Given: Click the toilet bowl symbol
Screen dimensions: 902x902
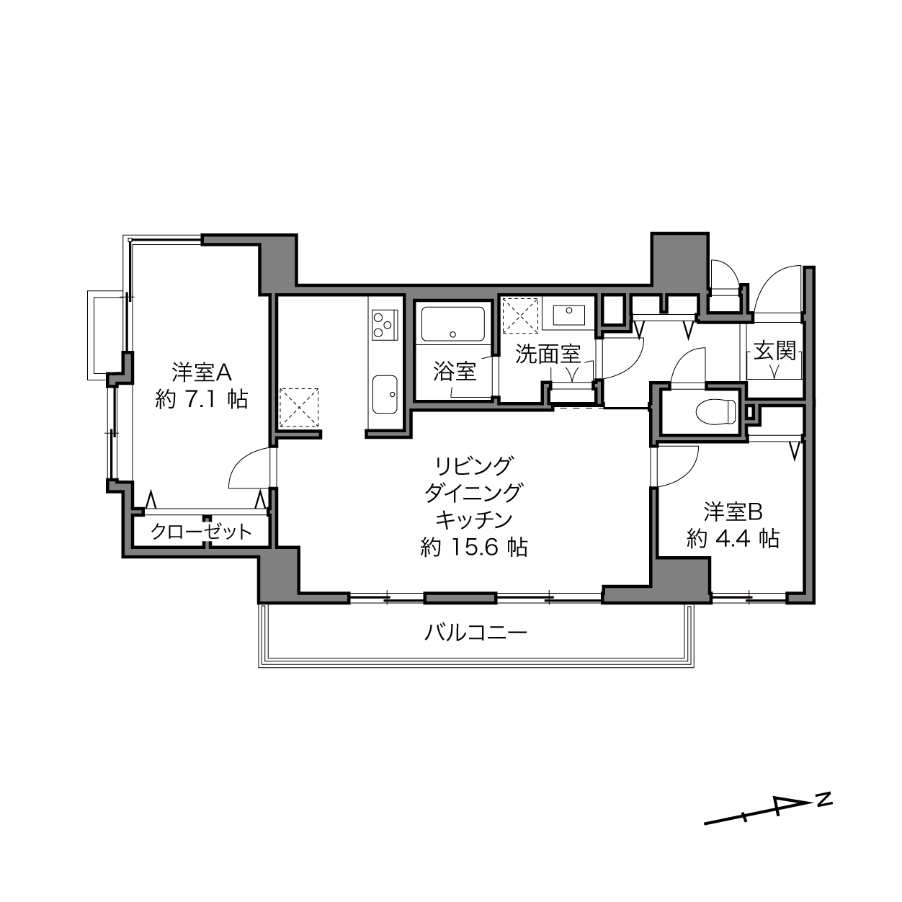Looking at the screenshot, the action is [x=715, y=412].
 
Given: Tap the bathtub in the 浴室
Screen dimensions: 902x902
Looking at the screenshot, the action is [x=452, y=324].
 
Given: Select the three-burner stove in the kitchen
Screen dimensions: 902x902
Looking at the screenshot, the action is [x=385, y=324].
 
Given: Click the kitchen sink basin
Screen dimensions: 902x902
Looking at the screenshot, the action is [x=385, y=394].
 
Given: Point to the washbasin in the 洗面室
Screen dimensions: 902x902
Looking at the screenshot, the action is [x=568, y=315].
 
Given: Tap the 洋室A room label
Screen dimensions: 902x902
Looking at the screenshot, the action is [x=202, y=372].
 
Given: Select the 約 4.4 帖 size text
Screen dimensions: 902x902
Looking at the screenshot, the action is [x=733, y=539].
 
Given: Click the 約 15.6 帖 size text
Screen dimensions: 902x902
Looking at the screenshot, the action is [x=474, y=547].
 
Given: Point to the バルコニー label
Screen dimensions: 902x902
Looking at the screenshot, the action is [x=475, y=633].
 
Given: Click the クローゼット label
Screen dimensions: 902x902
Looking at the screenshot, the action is [x=201, y=532].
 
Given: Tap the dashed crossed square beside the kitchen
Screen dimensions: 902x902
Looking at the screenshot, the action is [x=299, y=407].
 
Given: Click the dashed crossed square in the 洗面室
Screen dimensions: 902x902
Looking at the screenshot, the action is [x=520, y=316].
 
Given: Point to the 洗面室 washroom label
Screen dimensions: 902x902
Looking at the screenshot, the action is [x=548, y=354].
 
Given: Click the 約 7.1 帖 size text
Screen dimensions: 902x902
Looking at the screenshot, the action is [x=201, y=400].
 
